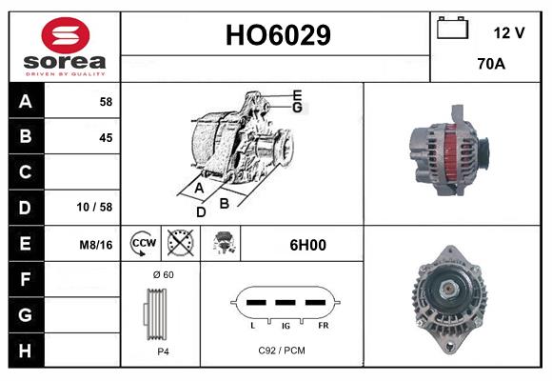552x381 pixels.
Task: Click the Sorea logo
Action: pos(65,47)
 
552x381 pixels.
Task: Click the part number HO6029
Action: pos(277,36)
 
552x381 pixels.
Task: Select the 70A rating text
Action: pos(491,66)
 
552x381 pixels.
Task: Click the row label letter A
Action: pos(25,101)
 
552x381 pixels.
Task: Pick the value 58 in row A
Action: pos(105,101)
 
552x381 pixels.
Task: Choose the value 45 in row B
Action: pos(105,137)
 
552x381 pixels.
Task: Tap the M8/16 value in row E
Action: pos(96,245)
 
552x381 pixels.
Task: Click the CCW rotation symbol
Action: pos(143,244)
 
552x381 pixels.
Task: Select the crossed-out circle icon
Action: pos(179,244)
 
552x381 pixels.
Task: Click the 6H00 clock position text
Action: pos(307,245)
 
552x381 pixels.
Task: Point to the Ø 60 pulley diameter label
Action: pos(163,275)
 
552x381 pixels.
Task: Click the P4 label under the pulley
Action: pos(163,351)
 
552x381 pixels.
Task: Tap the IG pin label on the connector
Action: pos(285,325)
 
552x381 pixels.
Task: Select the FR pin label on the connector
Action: pos(323,325)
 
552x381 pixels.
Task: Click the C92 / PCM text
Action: pos(282,351)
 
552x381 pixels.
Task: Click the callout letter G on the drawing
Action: pos(297,108)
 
